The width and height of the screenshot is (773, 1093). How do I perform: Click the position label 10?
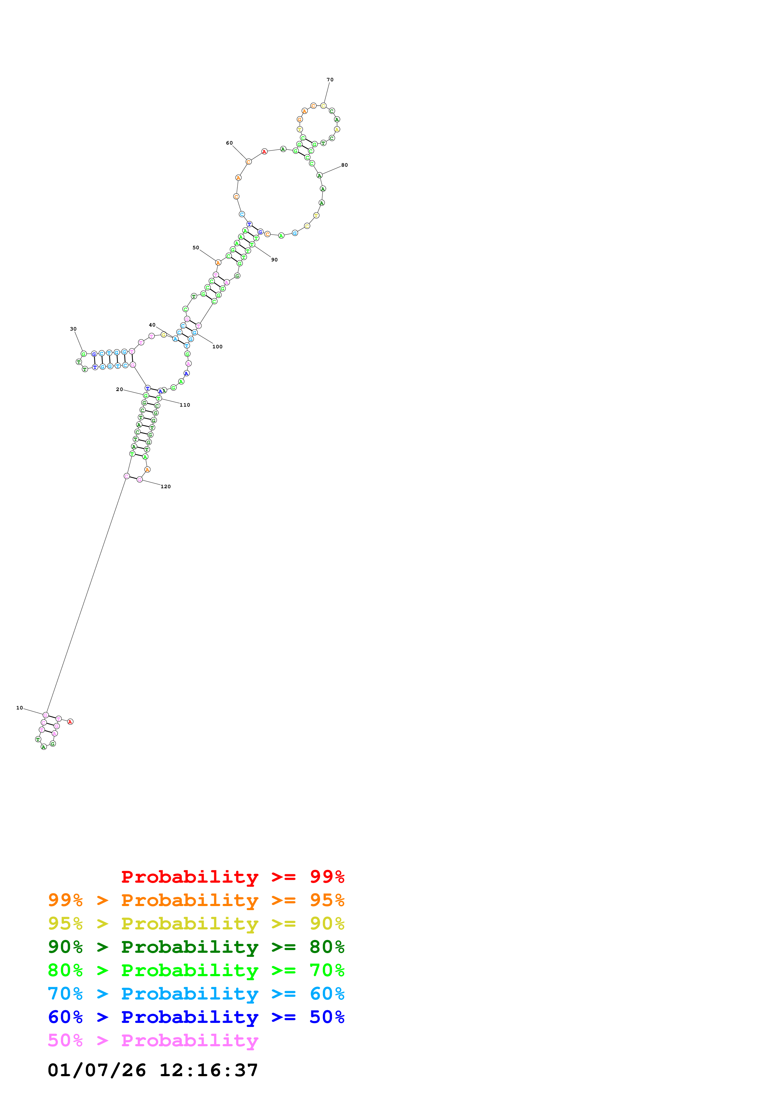(20, 708)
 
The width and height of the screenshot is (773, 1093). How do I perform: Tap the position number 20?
(119, 389)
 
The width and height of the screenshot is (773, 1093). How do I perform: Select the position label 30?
(73, 329)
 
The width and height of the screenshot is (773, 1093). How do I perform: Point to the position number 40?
(152, 325)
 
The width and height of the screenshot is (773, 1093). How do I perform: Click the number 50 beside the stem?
(196, 247)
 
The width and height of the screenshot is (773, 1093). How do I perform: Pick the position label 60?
(229, 143)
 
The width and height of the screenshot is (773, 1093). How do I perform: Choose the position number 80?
(344, 165)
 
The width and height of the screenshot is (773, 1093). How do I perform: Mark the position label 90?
(274, 260)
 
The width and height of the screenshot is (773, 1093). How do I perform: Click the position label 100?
(217, 346)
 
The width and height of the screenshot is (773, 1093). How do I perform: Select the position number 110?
(185, 405)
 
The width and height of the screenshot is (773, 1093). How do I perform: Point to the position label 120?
(165, 486)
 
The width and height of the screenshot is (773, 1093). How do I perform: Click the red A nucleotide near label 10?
(70, 722)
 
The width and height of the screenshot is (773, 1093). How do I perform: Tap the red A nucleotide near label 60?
(264, 152)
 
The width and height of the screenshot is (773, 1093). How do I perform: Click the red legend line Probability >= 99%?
(232, 877)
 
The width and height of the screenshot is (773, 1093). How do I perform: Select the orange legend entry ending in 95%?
(196, 900)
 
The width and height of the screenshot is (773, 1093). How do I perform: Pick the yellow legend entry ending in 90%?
(196, 924)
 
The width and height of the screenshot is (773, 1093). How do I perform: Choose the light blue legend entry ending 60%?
(196, 994)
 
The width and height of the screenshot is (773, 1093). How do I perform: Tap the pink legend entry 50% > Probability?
(153, 1041)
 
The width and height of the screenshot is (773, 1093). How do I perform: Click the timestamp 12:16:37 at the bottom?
(209, 1071)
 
